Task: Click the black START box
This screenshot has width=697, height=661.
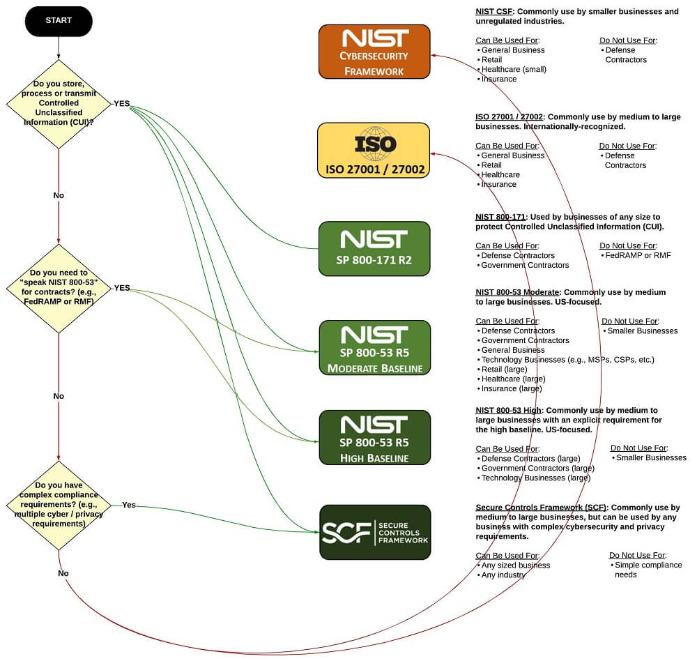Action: pos(59,20)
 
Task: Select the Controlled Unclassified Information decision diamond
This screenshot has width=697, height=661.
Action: pos(59,102)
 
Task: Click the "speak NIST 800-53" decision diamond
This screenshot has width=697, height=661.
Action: pos(59,287)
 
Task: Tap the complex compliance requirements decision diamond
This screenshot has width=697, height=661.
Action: pos(59,504)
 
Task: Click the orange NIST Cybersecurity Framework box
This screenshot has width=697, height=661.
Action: pos(374,52)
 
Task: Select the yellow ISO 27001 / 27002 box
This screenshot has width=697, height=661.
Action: pos(374,150)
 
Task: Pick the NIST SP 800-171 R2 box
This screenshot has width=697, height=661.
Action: pos(374,248)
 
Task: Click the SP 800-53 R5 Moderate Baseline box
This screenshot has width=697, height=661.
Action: pos(374,347)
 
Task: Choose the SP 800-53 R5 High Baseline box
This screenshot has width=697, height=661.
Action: pos(374,437)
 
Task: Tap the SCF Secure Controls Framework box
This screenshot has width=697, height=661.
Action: pos(375,532)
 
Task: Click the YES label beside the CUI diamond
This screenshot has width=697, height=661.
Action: pos(122,103)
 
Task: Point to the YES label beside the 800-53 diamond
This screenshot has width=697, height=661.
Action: pos(122,287)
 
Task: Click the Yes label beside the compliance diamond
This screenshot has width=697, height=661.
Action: pos(129,505)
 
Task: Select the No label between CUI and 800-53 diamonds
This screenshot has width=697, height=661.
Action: pos(59,195)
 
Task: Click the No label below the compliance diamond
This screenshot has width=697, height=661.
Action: pos(63,573)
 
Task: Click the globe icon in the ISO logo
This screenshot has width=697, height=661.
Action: pos(374,143)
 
